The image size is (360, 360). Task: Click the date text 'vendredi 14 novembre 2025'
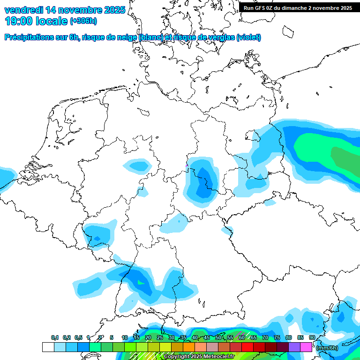click(x=65, y=10)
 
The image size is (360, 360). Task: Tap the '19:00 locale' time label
click(x=36, y=21)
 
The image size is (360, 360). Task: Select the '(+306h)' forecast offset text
click(x=83, y=21)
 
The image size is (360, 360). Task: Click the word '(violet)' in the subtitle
click(x=248, y=37)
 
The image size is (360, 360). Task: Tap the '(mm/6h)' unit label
click(x=327, y=348)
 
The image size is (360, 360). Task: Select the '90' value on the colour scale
click(x=312, y=337)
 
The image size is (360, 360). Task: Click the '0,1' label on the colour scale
click(x=55, y=337)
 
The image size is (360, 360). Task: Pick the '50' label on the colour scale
click(x=218, y=337)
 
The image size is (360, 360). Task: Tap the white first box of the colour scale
click(x=48, y=347)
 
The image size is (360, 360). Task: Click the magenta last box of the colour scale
click(x=306, y=347)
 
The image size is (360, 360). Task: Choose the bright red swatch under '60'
click(x=247, y=347)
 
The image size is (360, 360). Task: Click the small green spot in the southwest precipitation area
click(x=141, y=283)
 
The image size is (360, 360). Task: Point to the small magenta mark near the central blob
click(x=187, y=165)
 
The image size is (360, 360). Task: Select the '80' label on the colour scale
click(x=289, y=337)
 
